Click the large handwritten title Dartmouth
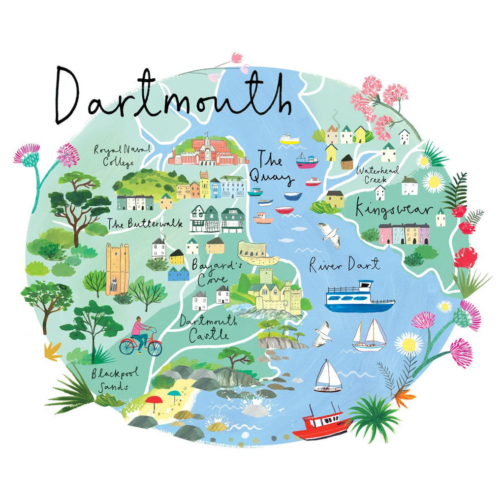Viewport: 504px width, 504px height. coord(172,96)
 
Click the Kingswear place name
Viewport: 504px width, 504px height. coord(394,210)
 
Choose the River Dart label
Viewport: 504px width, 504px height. coord(345,266)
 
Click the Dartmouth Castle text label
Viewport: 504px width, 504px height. coord(208,328)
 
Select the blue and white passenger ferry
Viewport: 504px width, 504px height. coord(360,298)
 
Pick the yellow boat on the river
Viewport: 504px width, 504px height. coord(289,139)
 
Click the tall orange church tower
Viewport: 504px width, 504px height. coord(117,269)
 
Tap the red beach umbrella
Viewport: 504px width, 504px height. coord(154,401)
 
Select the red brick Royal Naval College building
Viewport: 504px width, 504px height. coord(207,150)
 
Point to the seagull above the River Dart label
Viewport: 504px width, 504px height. coord(329,235)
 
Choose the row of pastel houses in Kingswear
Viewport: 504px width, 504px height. coord(404,234)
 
